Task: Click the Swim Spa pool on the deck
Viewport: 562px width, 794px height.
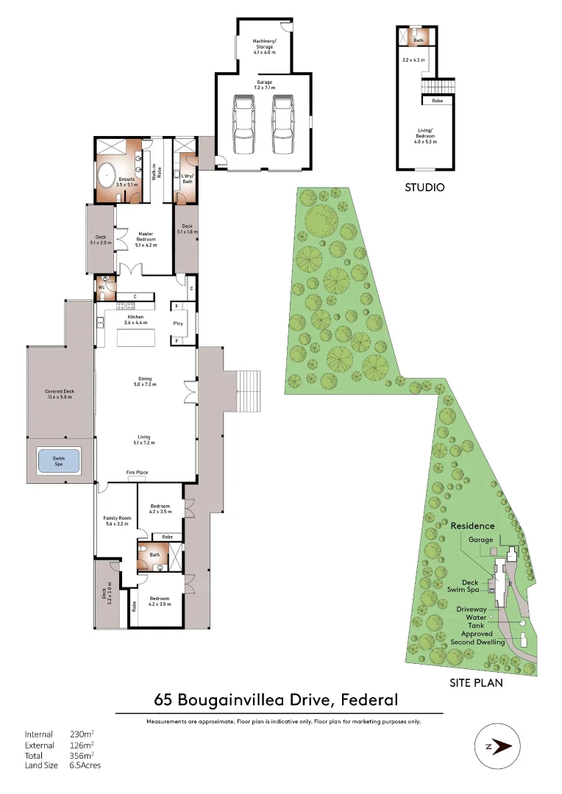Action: pos(58,461)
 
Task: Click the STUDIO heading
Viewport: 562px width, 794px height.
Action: pos(424,187)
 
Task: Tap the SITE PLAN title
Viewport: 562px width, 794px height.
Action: pos(475,683)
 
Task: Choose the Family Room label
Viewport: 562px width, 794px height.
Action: pos(115,521)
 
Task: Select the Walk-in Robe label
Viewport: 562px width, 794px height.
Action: pos(155,172)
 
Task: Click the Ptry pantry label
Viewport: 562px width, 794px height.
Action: pos(177,323)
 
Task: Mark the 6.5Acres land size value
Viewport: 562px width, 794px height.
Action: pos(85,765)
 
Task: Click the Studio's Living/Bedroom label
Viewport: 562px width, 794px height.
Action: pos(425,135)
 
